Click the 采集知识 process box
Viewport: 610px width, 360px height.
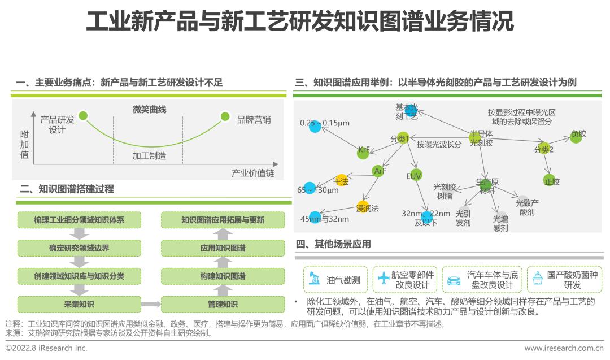79,305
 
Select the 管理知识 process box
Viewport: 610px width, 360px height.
223,305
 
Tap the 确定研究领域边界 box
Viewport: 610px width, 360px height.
79,248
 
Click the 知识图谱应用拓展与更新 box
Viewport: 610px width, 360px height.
223,220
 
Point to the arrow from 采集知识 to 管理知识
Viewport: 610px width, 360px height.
150,305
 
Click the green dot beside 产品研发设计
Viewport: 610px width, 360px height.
84,116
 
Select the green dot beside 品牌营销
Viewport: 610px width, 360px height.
225,117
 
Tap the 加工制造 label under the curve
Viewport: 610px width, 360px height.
149,155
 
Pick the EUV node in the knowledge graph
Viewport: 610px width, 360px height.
415,175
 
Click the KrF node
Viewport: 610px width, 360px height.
364,151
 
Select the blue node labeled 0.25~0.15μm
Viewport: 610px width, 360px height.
315,127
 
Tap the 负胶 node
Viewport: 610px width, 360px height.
576,136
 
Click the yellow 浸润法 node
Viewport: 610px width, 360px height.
363,206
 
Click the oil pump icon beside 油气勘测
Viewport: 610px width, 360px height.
313,279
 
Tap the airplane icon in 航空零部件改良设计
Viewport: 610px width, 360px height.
384,278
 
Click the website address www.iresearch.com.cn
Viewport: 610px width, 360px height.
563,349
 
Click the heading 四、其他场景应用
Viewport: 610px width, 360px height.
333,244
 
